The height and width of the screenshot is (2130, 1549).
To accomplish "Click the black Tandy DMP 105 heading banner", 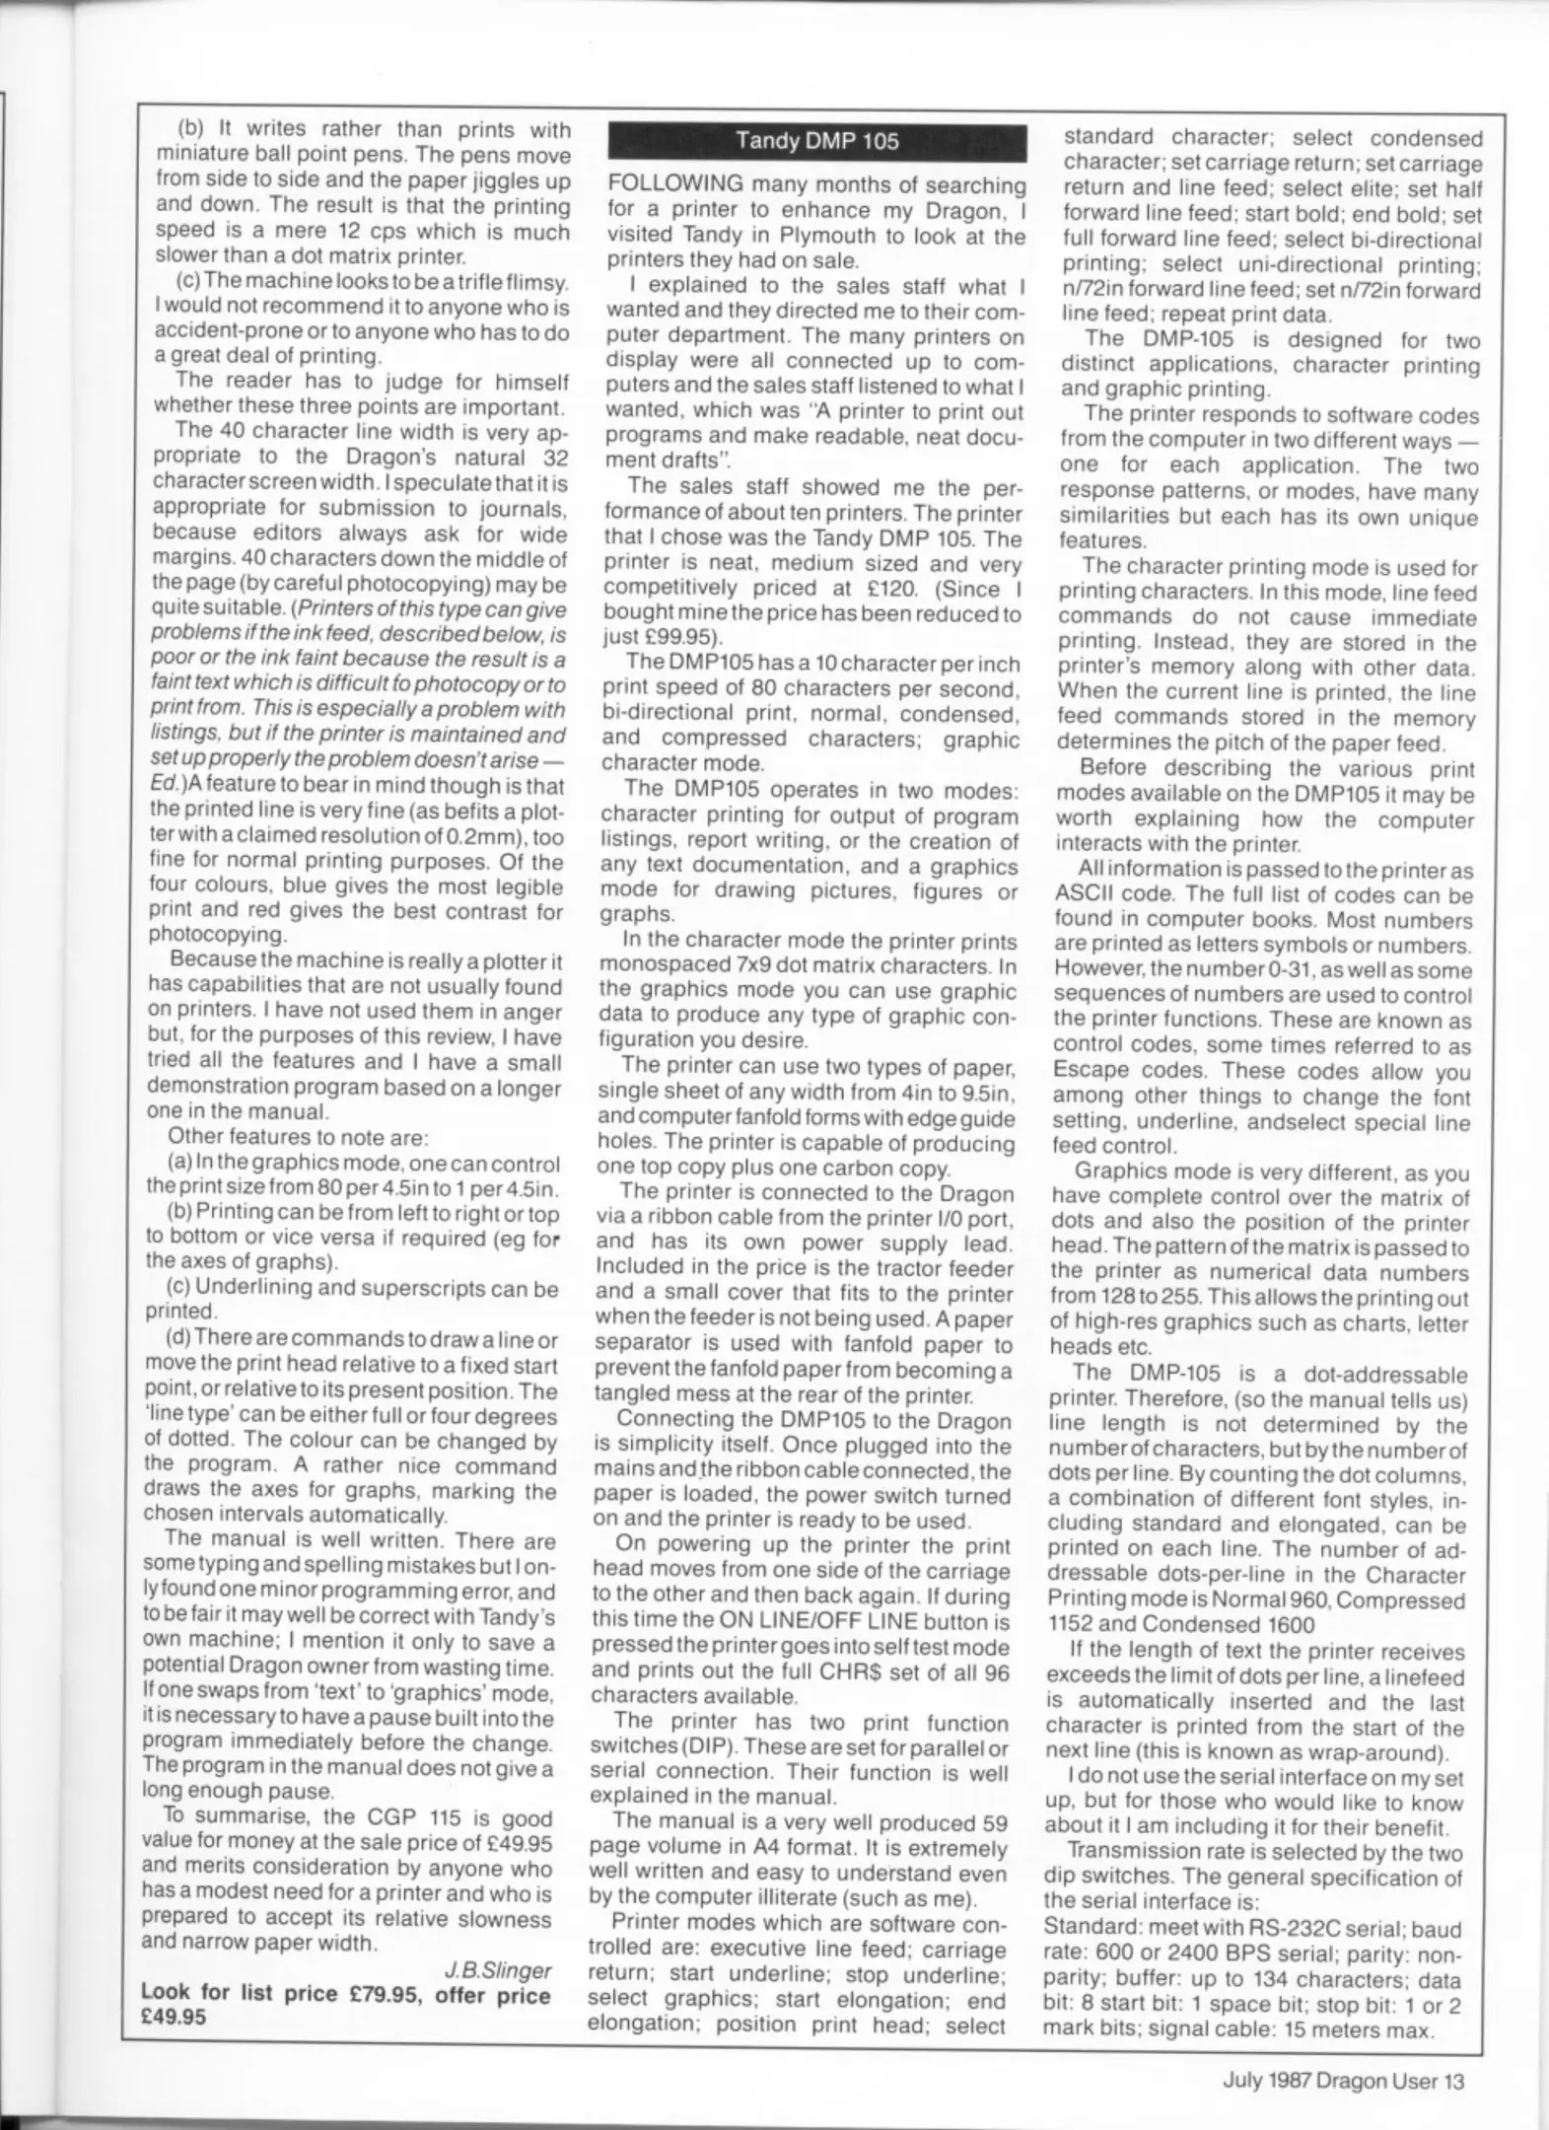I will [817, 141].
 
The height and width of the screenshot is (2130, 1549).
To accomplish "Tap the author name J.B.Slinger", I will [497, 1970].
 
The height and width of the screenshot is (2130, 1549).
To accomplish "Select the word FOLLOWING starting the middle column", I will [675, 184].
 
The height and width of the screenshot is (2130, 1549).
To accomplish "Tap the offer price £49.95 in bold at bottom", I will [174, 2018].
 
